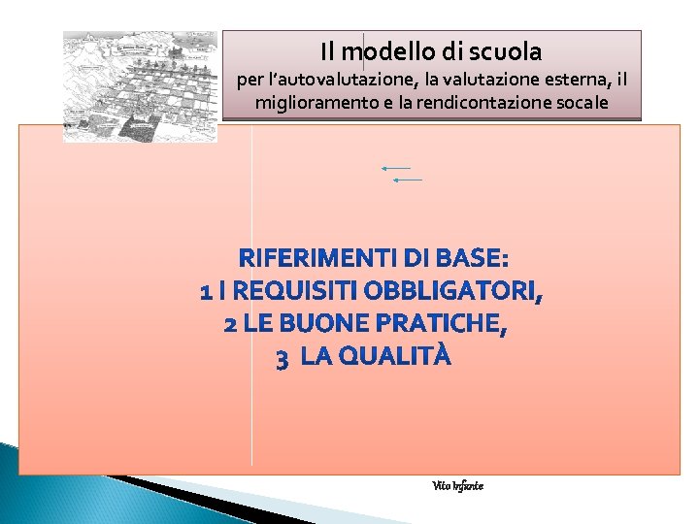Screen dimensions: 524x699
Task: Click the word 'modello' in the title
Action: coord(384,50)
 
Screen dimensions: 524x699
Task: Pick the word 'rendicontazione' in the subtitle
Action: coord(485,102)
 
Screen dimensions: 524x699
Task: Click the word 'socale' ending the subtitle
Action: coord(581,102)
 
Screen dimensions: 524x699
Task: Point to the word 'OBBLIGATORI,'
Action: coord(454,291)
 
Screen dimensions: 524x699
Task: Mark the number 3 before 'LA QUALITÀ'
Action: coord(282,360)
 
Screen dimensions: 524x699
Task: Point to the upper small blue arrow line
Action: coord(404,168)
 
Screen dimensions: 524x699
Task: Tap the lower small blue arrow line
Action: coord(408,180)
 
